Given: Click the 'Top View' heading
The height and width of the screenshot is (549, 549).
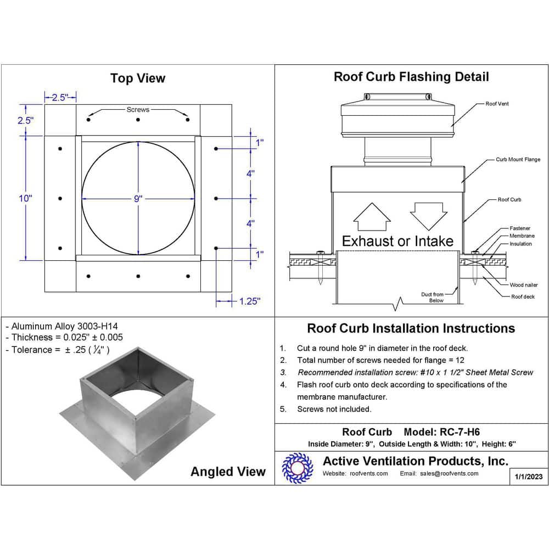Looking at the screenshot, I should [x=137, y=79].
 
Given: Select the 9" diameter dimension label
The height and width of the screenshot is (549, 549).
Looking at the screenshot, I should [x=138, y=199].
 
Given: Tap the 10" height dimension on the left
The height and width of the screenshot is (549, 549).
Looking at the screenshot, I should [x=25, y=198].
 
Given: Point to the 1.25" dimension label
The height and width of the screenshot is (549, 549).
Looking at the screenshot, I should [x=250, y=301].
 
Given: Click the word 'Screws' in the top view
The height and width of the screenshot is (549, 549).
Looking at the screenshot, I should [x=138, y=110].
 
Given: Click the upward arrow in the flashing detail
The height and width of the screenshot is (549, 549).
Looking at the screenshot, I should [x=372, y=217].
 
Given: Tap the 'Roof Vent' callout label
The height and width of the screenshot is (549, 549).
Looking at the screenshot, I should [x=497, y=104].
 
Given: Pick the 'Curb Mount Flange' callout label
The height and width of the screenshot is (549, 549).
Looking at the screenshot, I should [x=518, y=160].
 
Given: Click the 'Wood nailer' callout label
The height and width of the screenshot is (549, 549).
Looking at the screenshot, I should [x=524, y=285].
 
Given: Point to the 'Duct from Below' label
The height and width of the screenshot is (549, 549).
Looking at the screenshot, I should [x=433, y=298].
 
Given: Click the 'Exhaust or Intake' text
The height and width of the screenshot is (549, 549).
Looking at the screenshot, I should [x=397, y=241].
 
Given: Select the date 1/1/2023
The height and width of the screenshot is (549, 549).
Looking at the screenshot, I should [x=529, y=477].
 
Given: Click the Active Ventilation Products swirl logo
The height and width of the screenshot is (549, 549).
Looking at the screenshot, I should [x=297, y=468].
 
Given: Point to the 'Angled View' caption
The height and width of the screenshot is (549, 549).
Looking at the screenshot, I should [x=228, y=472].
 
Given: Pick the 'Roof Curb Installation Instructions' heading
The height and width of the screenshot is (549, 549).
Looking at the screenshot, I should [x=411, y=328].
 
